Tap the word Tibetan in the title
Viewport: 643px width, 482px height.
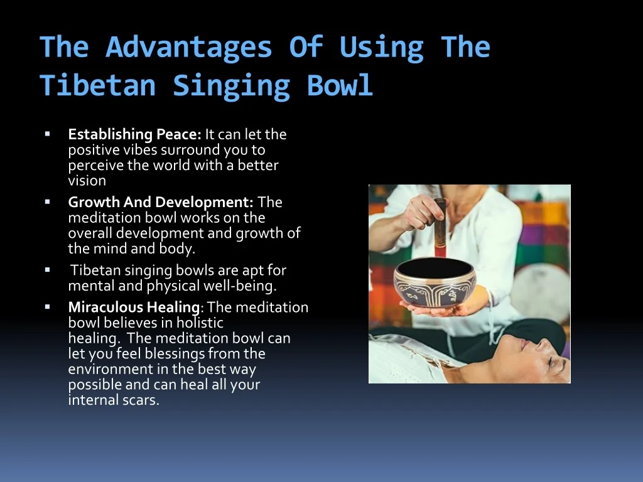point(98,85)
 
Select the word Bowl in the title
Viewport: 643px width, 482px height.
point(340,85)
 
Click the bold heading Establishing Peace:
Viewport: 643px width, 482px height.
point(134,134)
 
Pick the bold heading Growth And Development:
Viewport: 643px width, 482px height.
point(161,202)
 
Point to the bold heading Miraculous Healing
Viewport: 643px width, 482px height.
point(134,307)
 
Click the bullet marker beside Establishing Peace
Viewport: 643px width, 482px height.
point(48,134)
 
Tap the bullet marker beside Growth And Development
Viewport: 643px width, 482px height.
point(48,201)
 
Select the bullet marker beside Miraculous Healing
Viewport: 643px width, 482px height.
point(48,306)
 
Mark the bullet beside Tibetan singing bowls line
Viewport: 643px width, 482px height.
point(48,270)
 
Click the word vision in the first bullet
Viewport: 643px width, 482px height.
point(87,181)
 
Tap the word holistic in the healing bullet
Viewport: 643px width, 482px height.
point(200,323)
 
